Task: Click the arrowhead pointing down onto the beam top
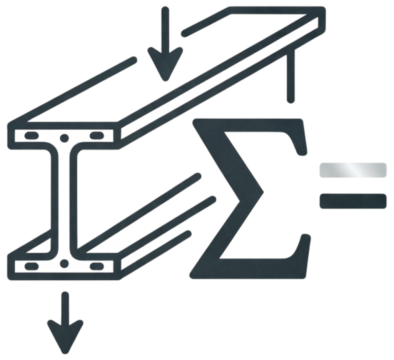165,63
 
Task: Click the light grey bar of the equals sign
353,170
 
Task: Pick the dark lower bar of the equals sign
353,201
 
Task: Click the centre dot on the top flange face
64,138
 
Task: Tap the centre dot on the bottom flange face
64,263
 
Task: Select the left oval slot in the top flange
32,135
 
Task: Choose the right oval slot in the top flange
97,135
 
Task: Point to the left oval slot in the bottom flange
32,266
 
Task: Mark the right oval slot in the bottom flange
97,266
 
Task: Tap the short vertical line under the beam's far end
291,75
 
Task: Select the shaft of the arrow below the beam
65,309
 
